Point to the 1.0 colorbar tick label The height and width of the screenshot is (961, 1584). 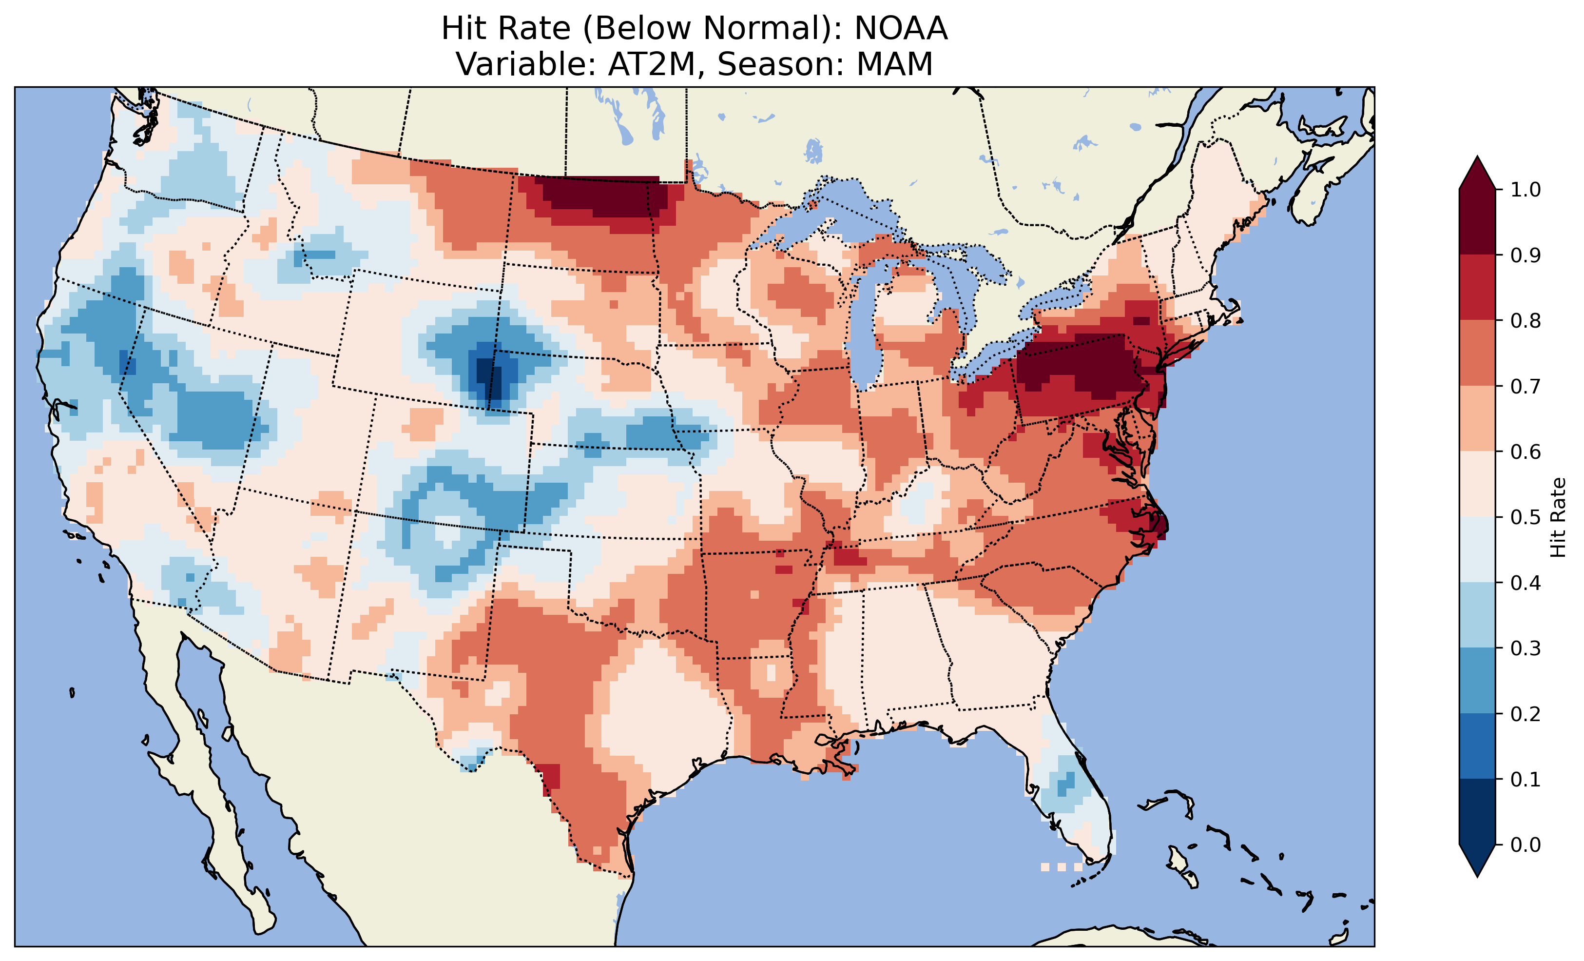pos(1526,190)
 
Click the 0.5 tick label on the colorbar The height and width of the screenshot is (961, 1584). pos(1526,517)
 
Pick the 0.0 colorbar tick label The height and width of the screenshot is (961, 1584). pos(1526,844)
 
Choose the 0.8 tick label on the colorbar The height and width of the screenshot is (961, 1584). pos(1526,320)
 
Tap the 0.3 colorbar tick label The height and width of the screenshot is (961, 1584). pos(1526,648)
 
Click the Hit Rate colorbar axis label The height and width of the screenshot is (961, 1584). pos(1558,517)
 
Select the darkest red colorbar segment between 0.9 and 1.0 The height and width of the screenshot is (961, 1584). pos(1477,222)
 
